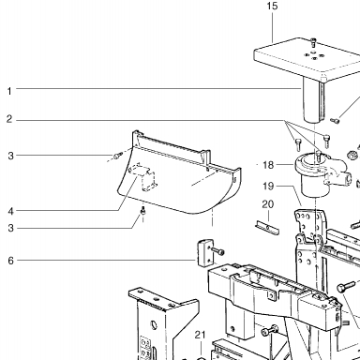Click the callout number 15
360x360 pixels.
(x=272, y=6)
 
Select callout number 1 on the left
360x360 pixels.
(x=9, y=91)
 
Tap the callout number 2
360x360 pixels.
(x=9, y=119)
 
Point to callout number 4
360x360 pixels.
(x=11, y=211)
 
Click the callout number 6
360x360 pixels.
(x=11, y=261)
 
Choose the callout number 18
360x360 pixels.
(x=268, y=165)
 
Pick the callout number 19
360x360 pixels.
(x=268, y=187)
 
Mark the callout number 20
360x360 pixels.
(x=268, y=204)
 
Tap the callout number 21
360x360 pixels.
(x=200, y=335)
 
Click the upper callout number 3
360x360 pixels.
(x=11, y=156)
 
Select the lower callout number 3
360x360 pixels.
(x=11, y=228)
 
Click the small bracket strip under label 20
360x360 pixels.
(x=267, y=227)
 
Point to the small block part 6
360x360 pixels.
(x=204, y=253)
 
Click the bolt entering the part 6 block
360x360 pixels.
(x=217, y=250)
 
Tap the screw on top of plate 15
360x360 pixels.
(x=313, y=43)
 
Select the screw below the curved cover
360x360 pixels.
(x=143, y=211)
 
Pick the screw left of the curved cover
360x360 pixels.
(x=117, y=155)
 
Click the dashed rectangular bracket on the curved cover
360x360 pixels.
(x=143, y=177)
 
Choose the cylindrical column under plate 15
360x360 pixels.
(x=313, y=99)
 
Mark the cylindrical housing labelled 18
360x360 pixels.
(x=320, y=174)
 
